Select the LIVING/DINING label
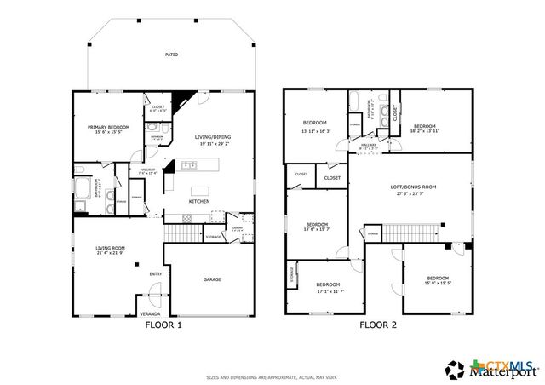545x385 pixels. click(x=212, y=137)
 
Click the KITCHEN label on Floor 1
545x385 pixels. click(x=199, y=202)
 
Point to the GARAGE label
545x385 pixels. click(x=212, y=279)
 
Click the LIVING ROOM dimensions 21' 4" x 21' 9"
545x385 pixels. click(x=111, y=253)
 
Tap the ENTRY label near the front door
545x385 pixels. click(x=155, y=273)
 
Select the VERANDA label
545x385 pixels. click(x=150, y=314)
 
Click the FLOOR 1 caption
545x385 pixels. click(x=162, y=325)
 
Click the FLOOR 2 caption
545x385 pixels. click(x=378, y=325)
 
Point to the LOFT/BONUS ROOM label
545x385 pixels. click(x=413, y=187)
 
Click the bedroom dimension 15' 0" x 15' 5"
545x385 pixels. click(x=438, y=283)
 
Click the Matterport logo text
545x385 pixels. click(x=511, y=371)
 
